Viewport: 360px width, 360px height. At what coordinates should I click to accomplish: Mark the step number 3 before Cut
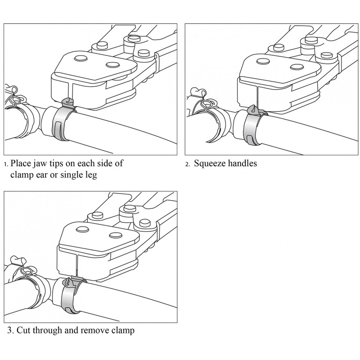pyautogui.click(x=9, y=331)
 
